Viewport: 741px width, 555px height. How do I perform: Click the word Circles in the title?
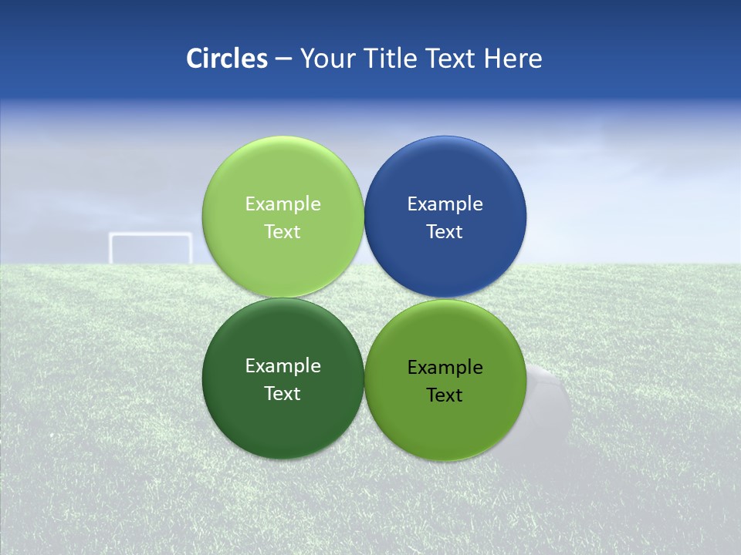click(x=226, y=59)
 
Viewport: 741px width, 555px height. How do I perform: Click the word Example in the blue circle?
click(x=445, y=204)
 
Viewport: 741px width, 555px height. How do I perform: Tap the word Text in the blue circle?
click(x=445, y=232)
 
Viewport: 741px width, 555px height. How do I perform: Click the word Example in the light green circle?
click(x=283, y=204)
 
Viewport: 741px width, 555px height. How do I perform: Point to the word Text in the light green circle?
click(x=283, y=232)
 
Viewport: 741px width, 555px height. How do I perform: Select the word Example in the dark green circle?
click(x=283, y=366)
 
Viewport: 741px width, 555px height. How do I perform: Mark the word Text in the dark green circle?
click(x=283, y=394)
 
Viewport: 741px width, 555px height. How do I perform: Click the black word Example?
click(x=445, y=368)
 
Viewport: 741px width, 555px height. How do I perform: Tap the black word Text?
click(x=445, y=395)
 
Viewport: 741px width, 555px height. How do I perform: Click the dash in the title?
click(x=283, y=59)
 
